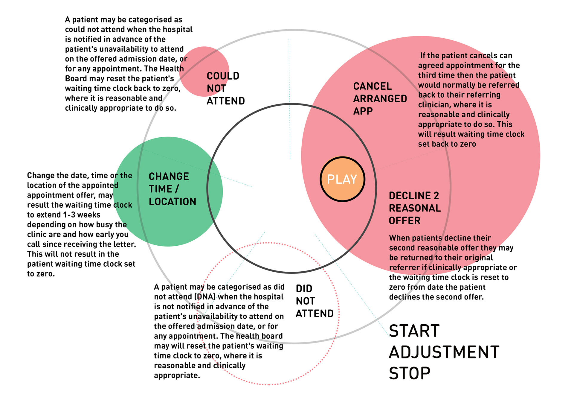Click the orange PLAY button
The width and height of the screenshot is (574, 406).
tap(342, 179)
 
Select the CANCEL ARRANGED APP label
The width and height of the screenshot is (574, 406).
tap(380, 98)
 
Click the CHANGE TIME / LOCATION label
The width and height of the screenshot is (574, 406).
tap(172, 189)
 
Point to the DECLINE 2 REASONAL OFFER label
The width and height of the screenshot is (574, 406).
tap(415, 208)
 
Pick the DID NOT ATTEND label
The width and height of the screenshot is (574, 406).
tap(314, 301)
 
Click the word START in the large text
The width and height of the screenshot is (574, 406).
tap(414, 331)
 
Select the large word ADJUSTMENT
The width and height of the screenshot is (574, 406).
tap(444, 352)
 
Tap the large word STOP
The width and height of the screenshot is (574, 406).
tap(410, 373)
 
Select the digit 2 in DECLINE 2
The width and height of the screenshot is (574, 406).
tap(436, 196)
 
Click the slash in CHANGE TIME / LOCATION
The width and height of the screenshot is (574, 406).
tap(177, 189)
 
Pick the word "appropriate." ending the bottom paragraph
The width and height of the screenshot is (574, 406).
tap(177, 375)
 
